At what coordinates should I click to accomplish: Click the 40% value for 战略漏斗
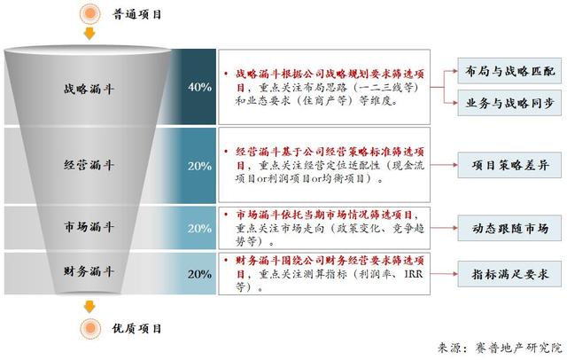click(199, 87)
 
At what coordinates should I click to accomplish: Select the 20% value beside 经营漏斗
click(199, 166)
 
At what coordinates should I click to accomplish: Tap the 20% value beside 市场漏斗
click(199, 228)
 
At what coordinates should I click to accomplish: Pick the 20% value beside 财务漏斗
click(199, 274)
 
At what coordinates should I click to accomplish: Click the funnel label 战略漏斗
click(89, 89)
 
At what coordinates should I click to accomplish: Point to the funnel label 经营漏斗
click(89, 165)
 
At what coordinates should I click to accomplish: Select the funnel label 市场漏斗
click(89, 227)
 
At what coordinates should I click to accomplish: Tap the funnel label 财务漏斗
click(89, 271)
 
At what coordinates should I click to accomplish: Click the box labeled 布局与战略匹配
click(509, 71)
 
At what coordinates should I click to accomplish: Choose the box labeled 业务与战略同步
click(509, 103)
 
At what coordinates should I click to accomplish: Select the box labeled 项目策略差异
click(509, 165)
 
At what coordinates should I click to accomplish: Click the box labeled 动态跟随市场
click(509, 228)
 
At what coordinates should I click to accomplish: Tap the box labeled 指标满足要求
click(509, 274)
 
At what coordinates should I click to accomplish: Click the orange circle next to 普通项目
click(90, 14)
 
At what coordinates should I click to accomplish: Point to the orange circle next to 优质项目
click(90, 329)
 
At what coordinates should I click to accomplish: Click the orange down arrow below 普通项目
click(89, 34)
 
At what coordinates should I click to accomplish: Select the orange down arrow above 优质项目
click(89, 307)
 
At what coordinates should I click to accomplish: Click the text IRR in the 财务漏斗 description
click(414, 274)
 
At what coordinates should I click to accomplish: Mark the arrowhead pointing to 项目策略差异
click(455, 165)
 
